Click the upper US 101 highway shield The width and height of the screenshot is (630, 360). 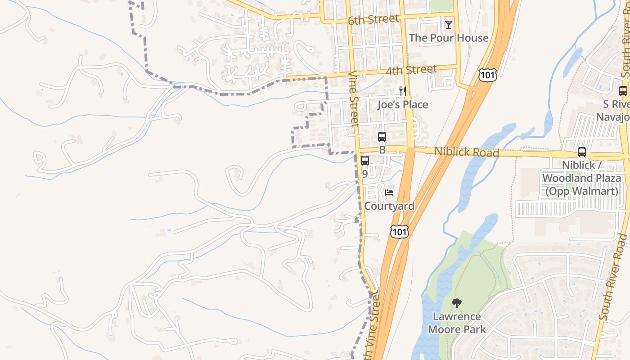click(488, 75)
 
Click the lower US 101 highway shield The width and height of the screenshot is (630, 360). click(399, 232)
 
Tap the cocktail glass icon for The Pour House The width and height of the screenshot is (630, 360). click(448, 24)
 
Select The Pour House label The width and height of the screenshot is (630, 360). click(449, 38)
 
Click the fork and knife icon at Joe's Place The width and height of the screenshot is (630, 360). click(402, 91)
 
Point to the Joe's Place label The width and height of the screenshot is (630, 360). click(402, 105)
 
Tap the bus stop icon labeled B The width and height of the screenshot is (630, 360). click(382, 137)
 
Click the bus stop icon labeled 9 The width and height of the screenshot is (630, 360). click(365, 161)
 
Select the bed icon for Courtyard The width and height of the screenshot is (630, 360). click(390, 193)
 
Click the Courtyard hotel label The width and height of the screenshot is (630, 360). click(389, 206)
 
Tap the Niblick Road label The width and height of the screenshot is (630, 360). click(466, 152)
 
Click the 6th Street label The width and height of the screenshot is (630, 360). click(373, 19)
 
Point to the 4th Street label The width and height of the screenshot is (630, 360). click(411, 70)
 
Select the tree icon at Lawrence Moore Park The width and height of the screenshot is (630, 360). click(456, 303)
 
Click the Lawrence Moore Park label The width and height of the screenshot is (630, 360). click(457, 323)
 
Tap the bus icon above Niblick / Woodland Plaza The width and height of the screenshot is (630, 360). click(581, 152)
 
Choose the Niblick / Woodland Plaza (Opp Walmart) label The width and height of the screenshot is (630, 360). click(581, 178)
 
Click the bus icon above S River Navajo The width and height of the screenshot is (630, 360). click(623, 91)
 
